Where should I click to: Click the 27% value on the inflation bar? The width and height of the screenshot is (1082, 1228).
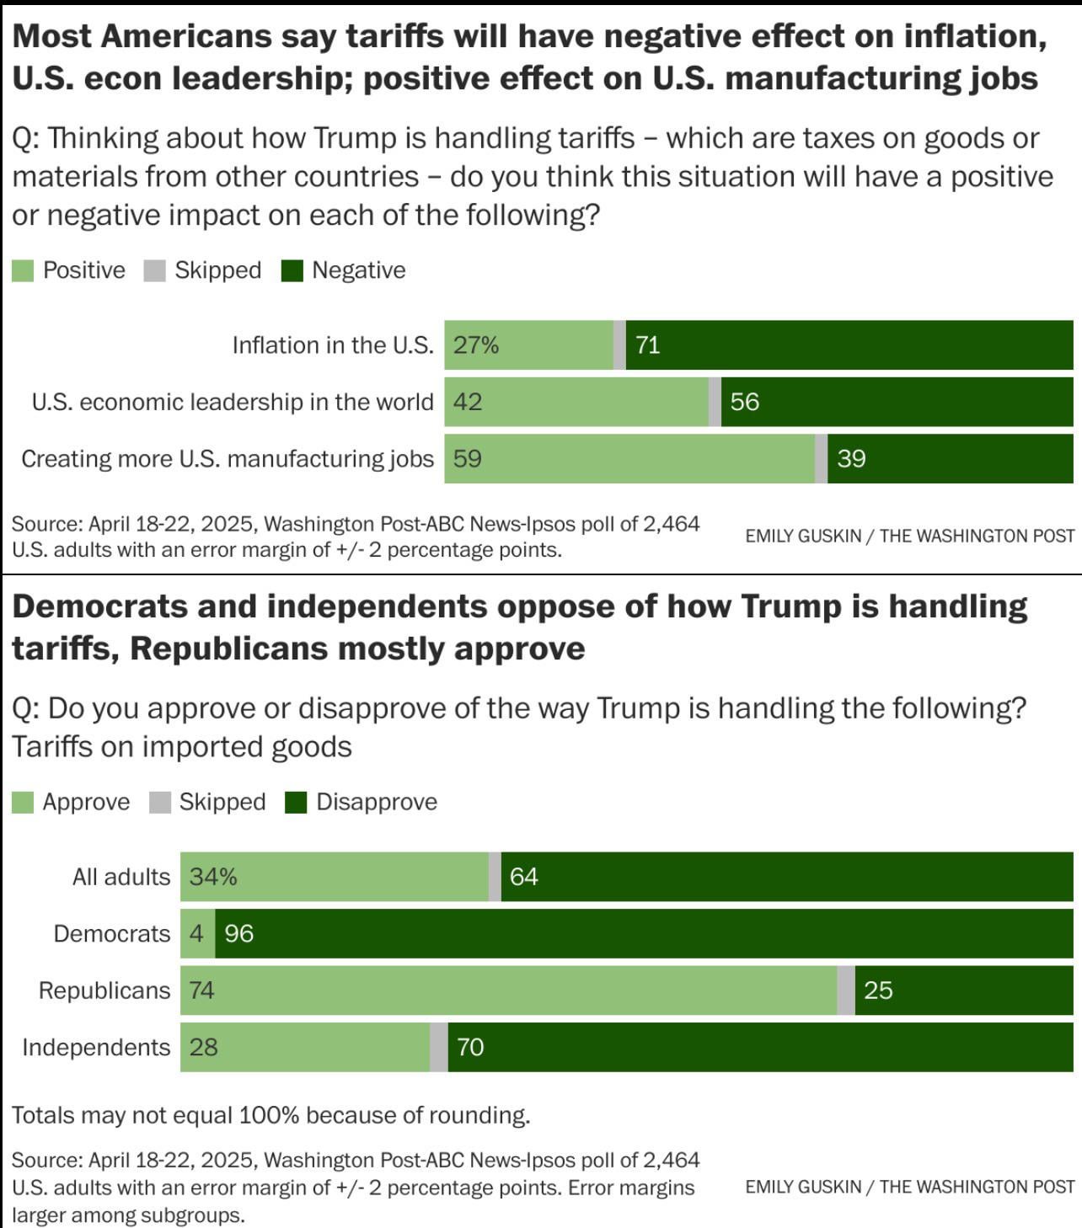(x=476, y=345)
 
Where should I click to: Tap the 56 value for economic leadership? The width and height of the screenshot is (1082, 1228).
(x=745, y=402)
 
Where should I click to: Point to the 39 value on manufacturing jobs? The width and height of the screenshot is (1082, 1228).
(x=851, y=459)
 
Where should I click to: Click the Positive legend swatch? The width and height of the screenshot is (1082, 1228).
(x=23, y=270)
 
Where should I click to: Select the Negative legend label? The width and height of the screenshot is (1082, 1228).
(x=358, y=270)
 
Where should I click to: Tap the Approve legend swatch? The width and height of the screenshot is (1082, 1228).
(x=23, y=803)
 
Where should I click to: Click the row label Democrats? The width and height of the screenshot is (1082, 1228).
(x=112, y=933)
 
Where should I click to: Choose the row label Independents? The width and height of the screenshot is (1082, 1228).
(x=96, y=1047)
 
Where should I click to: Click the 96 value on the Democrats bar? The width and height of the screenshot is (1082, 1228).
(x=239, y=933)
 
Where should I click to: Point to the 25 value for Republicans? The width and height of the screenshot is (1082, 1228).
(x=878, y=990)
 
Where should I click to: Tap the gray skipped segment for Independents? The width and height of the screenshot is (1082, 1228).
(x=439, y=1047)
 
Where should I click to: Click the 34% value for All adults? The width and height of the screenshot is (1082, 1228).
(x=213, y=877)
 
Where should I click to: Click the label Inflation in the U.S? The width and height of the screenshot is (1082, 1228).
(x=333, y=345)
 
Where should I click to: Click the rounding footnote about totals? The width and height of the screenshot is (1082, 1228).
(x=270, y=1115)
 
